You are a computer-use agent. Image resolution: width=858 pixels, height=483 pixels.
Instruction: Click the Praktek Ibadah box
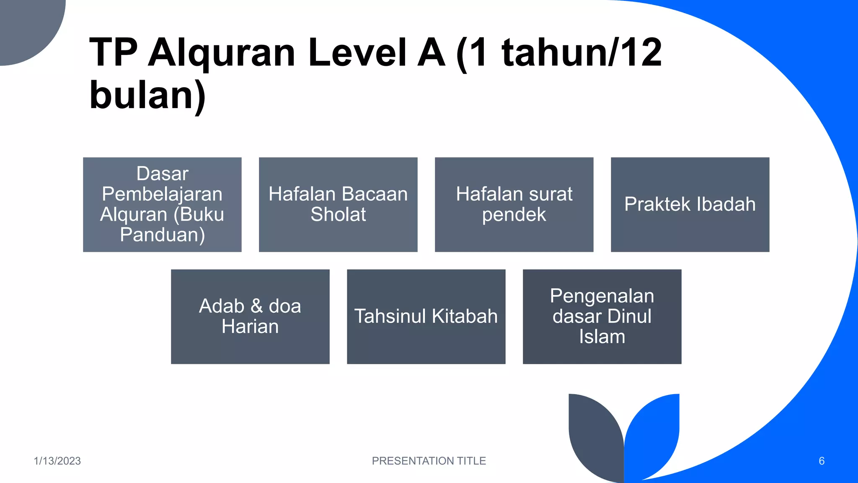[x=690, y=205]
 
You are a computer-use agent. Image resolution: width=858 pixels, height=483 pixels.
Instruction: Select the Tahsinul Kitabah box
[x=426, y=317]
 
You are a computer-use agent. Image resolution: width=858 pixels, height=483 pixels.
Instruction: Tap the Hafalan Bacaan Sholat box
[x=338, y=205]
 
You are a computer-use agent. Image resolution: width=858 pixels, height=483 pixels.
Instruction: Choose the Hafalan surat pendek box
[x=514, y=205]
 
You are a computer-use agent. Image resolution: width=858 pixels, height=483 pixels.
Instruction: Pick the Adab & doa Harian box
[x=250, y=317]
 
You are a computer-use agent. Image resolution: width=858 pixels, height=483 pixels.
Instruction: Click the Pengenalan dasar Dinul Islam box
[x=602, y=317]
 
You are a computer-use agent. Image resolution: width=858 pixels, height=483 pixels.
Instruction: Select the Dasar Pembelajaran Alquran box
[x=162, y=205]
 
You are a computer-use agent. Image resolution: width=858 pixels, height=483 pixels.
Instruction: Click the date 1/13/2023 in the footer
[x=57, y=461]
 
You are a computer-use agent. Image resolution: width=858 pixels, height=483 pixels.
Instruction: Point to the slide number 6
[x=822, y=461]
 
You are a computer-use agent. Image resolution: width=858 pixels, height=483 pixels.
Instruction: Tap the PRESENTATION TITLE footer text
[x=429, y=461]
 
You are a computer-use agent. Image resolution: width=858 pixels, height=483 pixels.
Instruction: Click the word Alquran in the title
[x=222, y=53]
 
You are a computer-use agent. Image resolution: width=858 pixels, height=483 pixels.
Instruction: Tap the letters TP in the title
[x=113, y=53]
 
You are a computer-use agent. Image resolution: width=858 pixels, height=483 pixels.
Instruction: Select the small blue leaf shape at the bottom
[x=654, y=432]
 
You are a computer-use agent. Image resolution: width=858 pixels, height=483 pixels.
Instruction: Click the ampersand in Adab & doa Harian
[x=256, y=306]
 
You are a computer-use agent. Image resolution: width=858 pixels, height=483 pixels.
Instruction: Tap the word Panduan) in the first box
[x=162, y=235]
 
